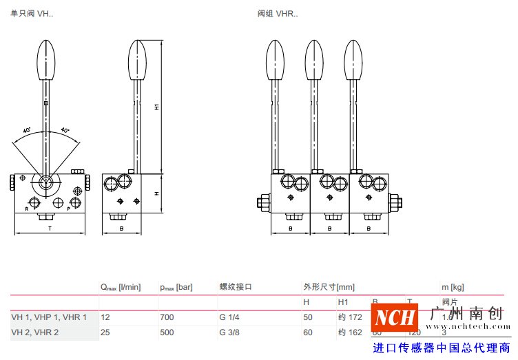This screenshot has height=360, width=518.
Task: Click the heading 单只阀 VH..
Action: click(32, 13)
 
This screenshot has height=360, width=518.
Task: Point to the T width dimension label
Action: click(49, 226)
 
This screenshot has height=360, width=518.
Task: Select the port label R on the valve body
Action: click(27, 207)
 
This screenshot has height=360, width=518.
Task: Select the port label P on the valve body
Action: click(69, 207)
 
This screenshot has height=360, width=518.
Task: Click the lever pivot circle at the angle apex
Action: click(45, 183)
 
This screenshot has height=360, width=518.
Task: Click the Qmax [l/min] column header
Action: click(121, 286)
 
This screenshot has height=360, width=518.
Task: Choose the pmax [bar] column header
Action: click(176, 286)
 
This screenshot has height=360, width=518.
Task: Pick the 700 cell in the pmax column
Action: click(166, 317)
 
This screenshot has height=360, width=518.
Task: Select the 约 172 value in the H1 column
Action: click(350, 317)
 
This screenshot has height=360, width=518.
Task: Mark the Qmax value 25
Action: click(105, 332)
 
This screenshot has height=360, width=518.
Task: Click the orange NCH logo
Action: click(395, 318)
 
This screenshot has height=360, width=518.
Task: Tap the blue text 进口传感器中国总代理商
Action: click(441, 348)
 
